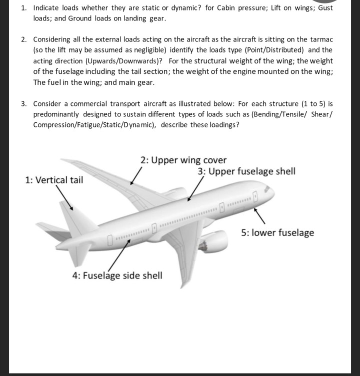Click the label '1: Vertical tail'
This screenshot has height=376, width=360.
[x=54, y=180]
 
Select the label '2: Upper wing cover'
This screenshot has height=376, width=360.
[x=183, y=160]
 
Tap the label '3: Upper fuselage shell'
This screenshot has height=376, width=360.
[x=246, y=171]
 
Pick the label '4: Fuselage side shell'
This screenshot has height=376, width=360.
[x=117, y=276]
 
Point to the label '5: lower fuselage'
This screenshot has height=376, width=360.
[x=277, y=232]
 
